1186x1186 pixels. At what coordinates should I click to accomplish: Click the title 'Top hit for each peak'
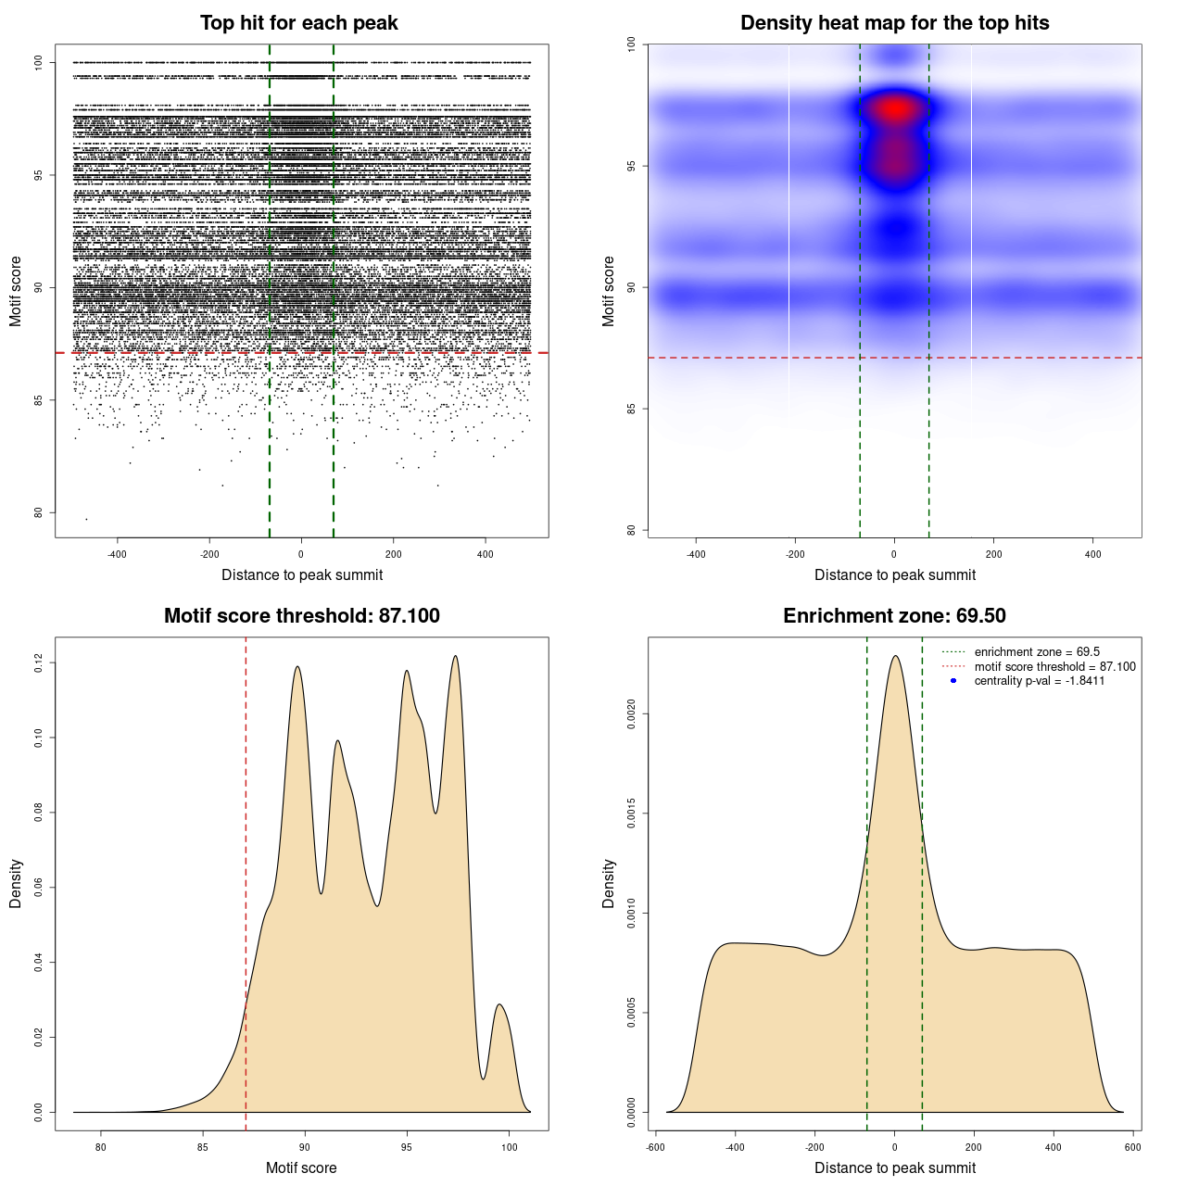pyautogui.click(x=298, y=23)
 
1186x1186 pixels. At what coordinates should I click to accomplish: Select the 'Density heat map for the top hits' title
pyautogui.click(x=894, y=23)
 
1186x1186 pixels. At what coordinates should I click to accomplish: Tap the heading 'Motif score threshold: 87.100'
pyautogui.click(x=301, y=616)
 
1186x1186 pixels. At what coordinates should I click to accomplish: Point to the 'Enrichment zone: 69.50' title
pyautogui.click(x=894, y=616)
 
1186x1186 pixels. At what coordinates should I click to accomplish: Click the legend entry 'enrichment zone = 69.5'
pyautogui.click(x=1037, y=652)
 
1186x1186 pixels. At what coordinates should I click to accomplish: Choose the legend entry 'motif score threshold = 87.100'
pyautogui.click(x=1054, y=667)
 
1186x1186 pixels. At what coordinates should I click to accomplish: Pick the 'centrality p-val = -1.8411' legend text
pyautogui.click(x=1039, y=681)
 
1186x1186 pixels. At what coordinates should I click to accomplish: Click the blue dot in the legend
pyautogui.click(x=953, y=681)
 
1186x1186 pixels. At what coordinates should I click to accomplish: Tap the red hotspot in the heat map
pyautogui.click(x=895, y=108)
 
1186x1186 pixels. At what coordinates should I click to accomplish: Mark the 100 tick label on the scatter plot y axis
pyautogui.click(x=39, y=62)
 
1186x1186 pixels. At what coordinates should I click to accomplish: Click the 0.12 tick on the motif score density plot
pyautogui.click(x=39, y=662)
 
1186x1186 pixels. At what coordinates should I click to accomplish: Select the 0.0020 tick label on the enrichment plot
pyautogui.click(x=632, y=714)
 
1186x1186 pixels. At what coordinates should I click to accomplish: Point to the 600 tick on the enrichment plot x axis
pyautogui.click(x=1133, y=1147)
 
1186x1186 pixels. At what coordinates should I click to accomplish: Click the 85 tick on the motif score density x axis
pyautogui.click(x=203, y=1147)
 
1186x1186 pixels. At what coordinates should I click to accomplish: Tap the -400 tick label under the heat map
pyautogui.click(x=696, y=554)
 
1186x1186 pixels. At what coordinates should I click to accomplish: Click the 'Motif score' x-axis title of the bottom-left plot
pyautogui.click(x=301, y=1167)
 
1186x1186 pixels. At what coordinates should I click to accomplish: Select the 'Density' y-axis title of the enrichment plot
pyautogui.click(x=609, y=883)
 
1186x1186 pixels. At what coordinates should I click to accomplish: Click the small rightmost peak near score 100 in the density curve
pyautogui.click(x=499, y=1005)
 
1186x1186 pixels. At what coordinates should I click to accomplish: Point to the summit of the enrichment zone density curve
pyautogui.click(x=895, y=656)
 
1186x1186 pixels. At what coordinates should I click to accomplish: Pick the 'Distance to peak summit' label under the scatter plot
pyautogui.click(x=302, y=574)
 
